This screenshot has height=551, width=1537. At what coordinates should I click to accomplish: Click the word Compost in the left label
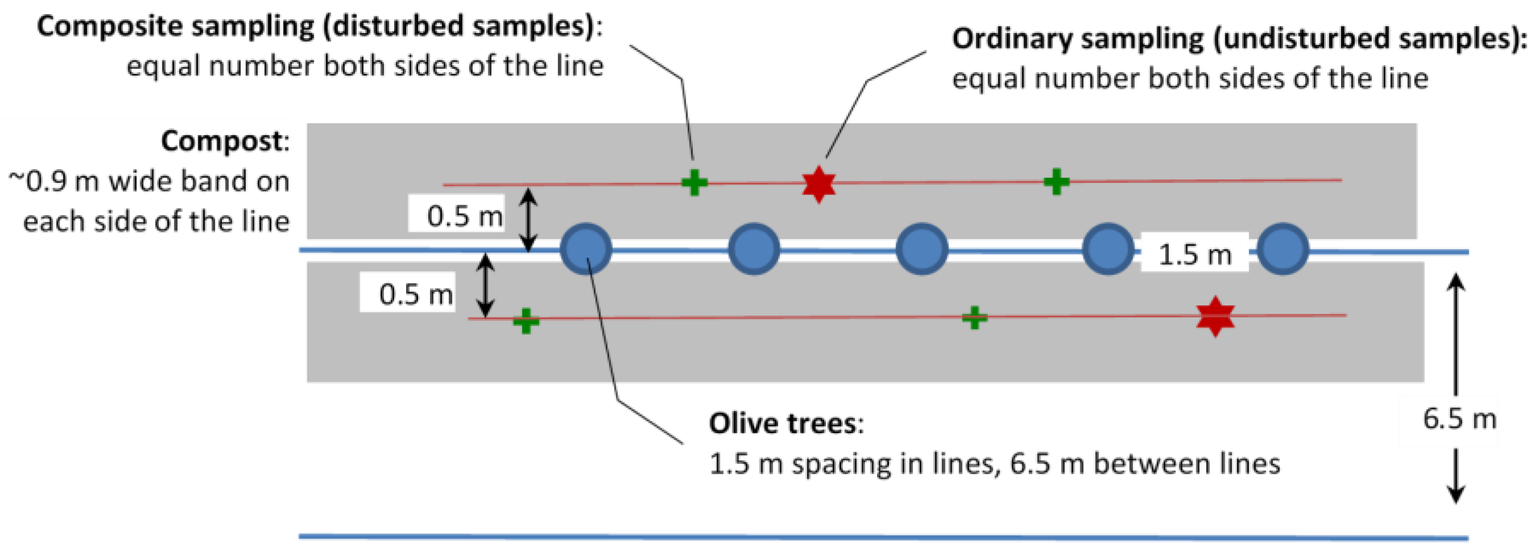[222, 142]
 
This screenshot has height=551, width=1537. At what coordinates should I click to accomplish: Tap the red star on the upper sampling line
[818, 184]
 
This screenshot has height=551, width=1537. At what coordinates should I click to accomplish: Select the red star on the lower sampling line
[1215, 316]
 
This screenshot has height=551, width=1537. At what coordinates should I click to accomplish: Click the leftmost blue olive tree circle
[586, 249]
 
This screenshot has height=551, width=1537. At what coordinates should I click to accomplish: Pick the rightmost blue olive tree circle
[1283, 249]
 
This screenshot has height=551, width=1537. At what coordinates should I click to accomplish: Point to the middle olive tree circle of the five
[922, 249]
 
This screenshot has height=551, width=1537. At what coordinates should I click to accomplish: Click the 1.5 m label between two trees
[1194, 255]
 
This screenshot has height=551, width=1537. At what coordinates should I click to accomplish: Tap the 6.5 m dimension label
[1459, 419]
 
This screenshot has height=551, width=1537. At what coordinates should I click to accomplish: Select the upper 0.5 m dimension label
[464, 215]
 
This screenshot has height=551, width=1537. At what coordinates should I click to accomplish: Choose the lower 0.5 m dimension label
[415, 294]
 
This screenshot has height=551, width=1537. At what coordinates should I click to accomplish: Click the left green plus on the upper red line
[695, 183]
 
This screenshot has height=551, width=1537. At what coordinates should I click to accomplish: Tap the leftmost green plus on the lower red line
[525, 321]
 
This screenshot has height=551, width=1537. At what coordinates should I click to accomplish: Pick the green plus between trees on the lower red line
[974, 317]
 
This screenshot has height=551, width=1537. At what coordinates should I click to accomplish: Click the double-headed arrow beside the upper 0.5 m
[528, 219]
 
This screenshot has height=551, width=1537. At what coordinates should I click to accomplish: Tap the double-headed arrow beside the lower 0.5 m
[485, 285]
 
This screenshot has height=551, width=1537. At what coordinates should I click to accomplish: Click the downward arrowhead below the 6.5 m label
[1456, 494]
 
